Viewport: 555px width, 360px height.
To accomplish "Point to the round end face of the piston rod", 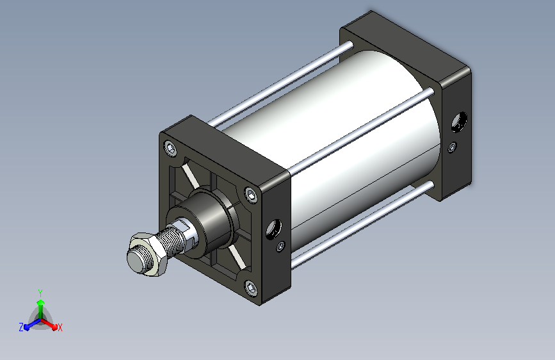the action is (x=136, y=261).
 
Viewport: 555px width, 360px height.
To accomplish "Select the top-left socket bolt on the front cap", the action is (x=171, y=148).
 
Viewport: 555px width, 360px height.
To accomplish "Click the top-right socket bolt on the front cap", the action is (x=251, y=195).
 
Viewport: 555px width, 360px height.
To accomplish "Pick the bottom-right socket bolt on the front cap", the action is (x=250, y=288).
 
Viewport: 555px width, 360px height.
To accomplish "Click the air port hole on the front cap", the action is (x=273, y=229).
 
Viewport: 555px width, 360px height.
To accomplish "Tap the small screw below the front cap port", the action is (x=280, y=246).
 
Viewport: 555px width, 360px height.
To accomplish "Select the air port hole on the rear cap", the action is (x=459, y=122).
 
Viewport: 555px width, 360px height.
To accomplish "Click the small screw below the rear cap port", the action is (x=452, y=147).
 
